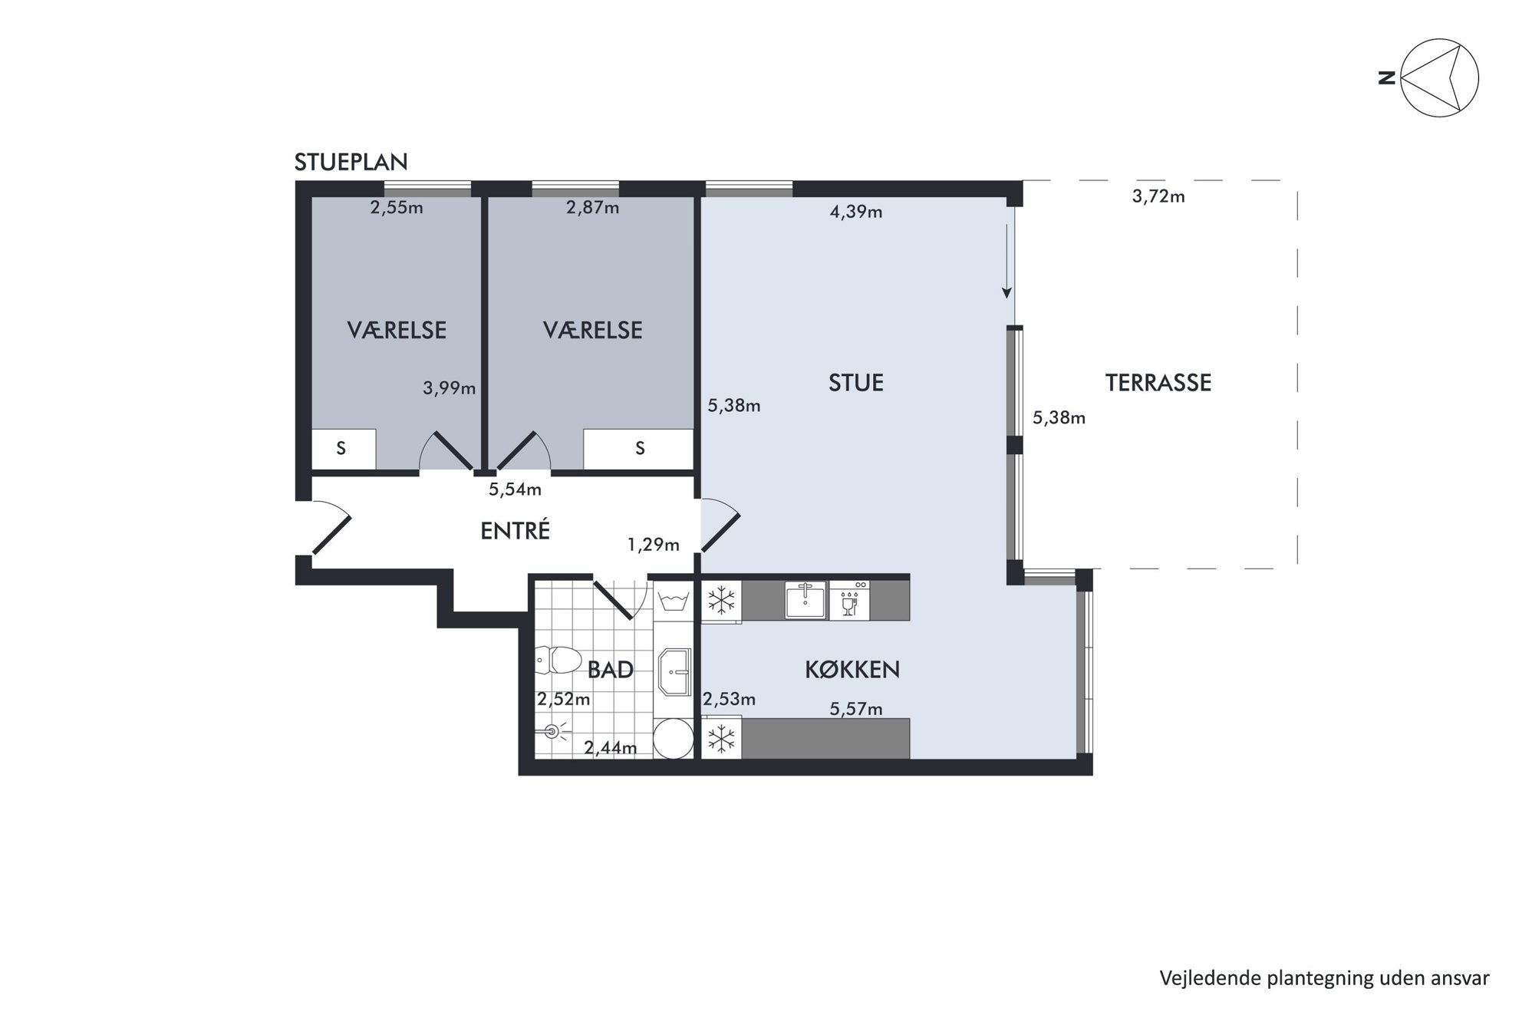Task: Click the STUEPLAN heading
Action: tap(351, 162)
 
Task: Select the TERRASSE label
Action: tap(1158, 382)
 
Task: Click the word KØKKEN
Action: tap(852, 669)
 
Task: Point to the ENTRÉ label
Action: tap(515, 530)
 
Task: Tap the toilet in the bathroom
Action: tap(558, 660)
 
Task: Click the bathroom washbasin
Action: tap(674, 671)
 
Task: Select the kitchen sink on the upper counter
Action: tap(805, 599)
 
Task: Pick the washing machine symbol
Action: tap(673, 601)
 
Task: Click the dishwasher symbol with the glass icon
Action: tap(849, 600)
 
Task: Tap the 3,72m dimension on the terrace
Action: tap(1158, 196)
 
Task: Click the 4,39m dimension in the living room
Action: tap(856, 212)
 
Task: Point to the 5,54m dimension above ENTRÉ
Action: tap(515, 489)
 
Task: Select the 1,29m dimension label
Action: tap(653, 545)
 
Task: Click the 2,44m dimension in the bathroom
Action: tap(610, 747)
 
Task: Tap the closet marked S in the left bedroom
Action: tap(343, 449)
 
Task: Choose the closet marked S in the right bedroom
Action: tap(638, 449)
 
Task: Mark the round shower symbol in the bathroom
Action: tap(674, 738)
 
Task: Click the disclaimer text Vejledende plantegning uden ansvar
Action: tap(1324, 978)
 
